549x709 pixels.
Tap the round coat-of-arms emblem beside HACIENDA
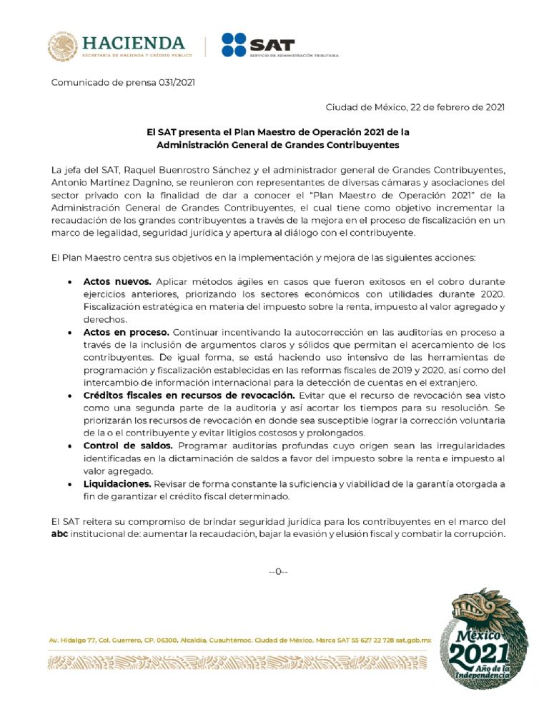(62, 46)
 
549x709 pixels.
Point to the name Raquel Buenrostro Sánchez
(182, 170)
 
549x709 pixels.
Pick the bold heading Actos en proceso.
(126, 332)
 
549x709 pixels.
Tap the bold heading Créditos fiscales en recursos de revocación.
(189, 395)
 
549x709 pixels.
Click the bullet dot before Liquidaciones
(69, 484)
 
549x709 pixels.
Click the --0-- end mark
(277, 571)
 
